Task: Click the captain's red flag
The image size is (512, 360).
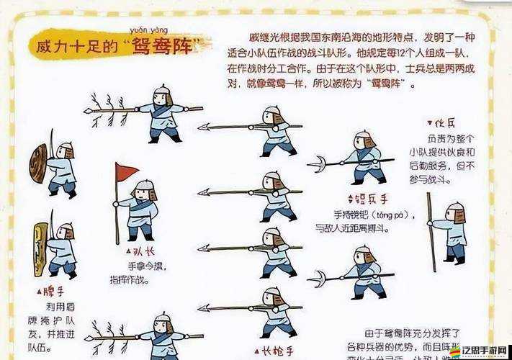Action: pos(126,171)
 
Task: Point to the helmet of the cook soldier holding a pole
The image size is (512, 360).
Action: pos(455,209)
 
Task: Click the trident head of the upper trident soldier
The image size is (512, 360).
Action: pos(317,164)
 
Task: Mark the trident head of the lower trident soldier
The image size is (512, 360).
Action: pos(317,278)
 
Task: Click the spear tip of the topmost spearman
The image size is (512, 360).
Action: pos(204,127)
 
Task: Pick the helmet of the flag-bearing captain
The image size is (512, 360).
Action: pos(145,186)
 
